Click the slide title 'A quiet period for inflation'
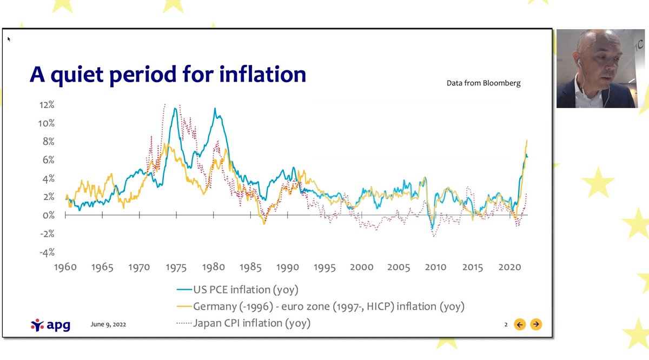point(168,74)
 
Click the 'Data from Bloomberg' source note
point(484,83)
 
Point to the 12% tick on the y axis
point(46,104)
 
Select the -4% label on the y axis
point(46,252)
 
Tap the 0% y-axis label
point(48,215)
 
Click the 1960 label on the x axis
point(65,267)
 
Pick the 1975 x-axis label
point(176,267)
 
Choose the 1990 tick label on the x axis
point(287,267)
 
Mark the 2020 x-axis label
point(509,267)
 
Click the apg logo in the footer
point(50,325)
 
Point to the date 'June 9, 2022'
point(108,325)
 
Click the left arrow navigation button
point(520,324)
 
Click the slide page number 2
point(506,325)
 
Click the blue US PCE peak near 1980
point(215,109)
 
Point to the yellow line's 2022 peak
point(526,141)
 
